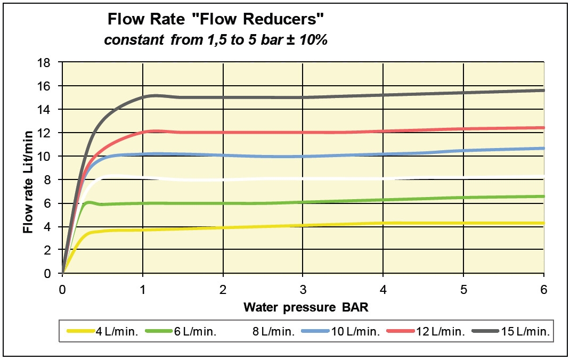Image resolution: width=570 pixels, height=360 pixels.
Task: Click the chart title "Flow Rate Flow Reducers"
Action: click(216, 20)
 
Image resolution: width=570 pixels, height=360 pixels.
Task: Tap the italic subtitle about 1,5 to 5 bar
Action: click(215, 40)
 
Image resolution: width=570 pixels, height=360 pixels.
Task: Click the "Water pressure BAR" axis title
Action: click(303, 307)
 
